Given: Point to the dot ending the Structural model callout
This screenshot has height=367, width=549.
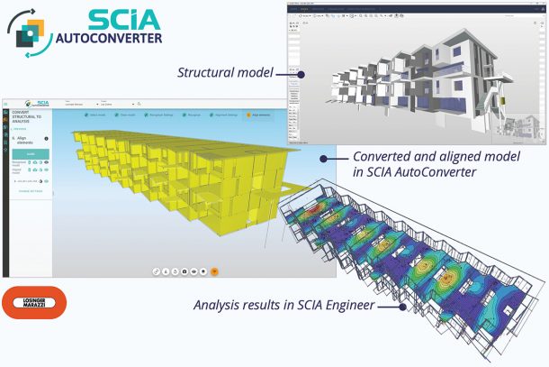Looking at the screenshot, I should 301,74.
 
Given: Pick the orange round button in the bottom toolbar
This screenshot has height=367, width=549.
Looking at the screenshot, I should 214,270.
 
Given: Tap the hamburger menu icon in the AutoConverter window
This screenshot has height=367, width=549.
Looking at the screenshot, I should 6,104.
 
